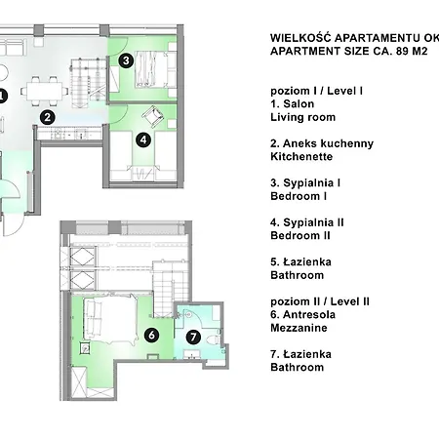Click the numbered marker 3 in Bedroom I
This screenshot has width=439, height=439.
click(126, 60)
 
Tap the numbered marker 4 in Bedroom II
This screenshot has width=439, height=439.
click(143, 140)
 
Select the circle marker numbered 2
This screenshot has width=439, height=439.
click(48, 117)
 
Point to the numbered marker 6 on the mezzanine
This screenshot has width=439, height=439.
click(151, 335)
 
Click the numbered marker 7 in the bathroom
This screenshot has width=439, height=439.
click(193, 337)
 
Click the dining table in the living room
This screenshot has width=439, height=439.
click(45, 91)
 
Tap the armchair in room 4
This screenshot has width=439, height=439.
click(152, 116)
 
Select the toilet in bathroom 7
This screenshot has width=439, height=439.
click(214, 340)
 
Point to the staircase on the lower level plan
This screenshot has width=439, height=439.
click(89, 83)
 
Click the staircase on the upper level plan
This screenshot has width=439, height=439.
click(171, 289)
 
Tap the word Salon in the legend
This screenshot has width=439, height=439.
click(299, 104)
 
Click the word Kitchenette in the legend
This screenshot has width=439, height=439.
click(301, 157)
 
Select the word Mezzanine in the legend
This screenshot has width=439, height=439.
click(299, 328)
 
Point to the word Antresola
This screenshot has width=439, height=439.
click(309, 315)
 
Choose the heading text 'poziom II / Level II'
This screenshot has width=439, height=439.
click(320, 301)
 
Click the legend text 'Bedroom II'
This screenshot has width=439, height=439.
click(300, 236)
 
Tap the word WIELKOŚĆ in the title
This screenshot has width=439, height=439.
click(300, 37)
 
